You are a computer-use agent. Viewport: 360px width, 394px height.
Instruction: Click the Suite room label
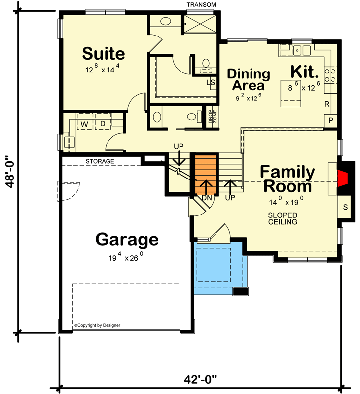[x=103, y=53]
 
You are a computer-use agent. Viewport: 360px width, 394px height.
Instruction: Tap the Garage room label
[x=127, y=239]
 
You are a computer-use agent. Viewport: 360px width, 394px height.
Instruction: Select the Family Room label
[x=288, y=179]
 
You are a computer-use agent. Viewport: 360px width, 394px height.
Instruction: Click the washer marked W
[x=84, y=123]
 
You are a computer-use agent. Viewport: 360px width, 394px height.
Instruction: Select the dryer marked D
[x=103, y=123]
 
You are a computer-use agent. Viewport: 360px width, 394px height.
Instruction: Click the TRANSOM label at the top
[x=201, y=5]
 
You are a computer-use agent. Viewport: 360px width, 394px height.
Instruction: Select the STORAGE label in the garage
[x=100, y=161]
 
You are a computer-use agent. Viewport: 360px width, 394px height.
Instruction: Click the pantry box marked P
[x=330, y=121]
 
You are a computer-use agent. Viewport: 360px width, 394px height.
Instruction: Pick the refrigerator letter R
[x=327, y=104]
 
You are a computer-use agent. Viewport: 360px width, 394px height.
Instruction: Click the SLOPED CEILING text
[x=283, y=218]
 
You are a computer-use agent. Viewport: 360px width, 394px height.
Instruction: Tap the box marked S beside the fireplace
[x=345, y=207]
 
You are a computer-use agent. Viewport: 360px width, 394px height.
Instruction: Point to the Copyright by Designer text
[x=97, y=325]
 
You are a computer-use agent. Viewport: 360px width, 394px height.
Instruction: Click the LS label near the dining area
[x=211, y=82]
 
